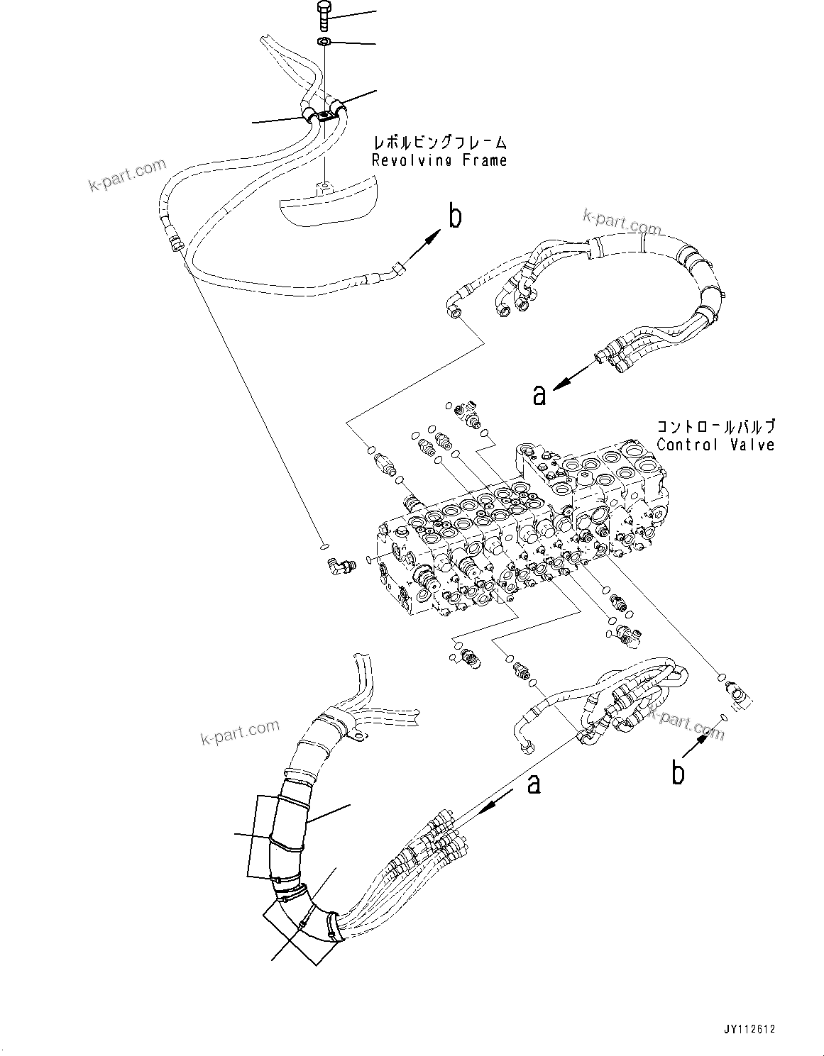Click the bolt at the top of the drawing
(x=324, y=15)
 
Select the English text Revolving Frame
(x=439, y=160)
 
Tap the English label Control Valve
(x=715, y=445)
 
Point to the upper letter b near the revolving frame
(x=454, y=216)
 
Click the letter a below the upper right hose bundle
(x=539, y=395)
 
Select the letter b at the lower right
(x=678, y=772)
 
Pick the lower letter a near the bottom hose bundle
(x=533, y=784)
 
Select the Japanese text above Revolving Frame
(x=439, y=143)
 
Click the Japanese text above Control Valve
(x=715, y=427)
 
